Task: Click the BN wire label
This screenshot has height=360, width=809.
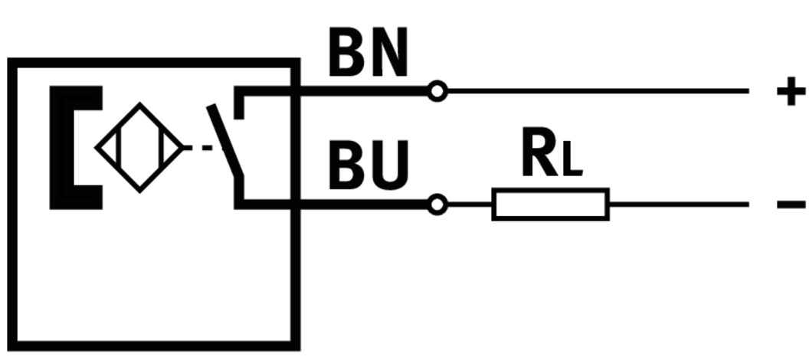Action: click(368, 54)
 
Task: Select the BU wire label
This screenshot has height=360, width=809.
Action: click(368, 165)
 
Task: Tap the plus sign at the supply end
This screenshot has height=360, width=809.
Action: click(791, 92)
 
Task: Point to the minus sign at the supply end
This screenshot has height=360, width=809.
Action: click(791, 205)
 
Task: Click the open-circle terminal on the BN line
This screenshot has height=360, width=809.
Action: click(437, 92)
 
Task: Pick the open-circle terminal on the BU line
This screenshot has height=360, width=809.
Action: click(437, 205)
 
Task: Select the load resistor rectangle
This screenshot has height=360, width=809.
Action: click(550, 205)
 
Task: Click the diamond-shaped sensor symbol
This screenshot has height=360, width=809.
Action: click(139, 148)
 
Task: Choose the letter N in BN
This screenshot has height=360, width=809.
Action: click(389, 54)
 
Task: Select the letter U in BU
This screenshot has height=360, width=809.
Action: click(390, 165)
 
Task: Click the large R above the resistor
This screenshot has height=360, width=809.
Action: click(539, 154)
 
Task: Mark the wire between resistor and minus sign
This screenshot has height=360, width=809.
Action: click(678, 205)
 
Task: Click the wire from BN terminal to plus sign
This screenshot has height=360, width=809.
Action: click(598, 91)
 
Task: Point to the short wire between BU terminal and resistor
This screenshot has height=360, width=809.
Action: click(469, 205)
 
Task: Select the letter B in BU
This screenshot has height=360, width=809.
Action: click(347, 165)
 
